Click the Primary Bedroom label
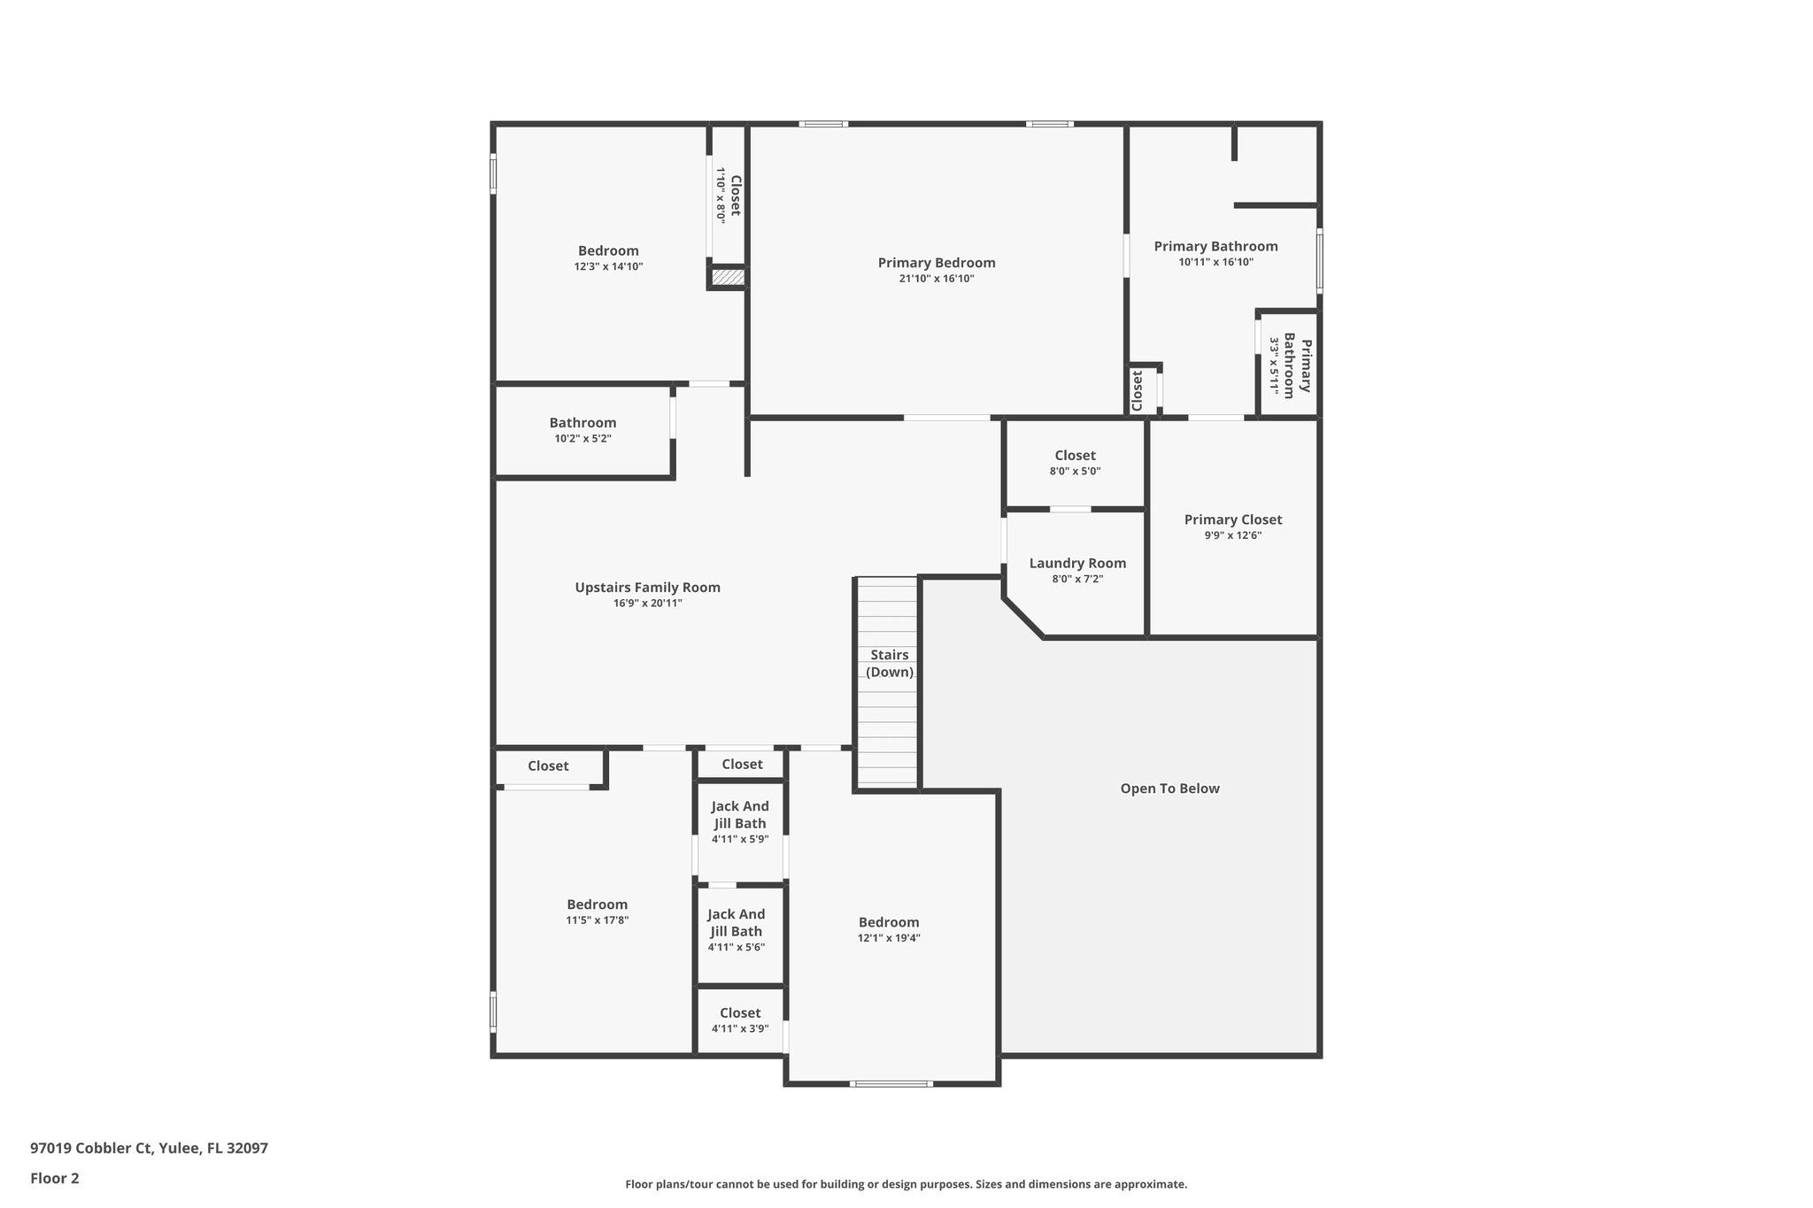(936, 263)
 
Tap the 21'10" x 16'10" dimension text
(936, 279)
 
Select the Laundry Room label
(1077, 564)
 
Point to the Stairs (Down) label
(889, 664)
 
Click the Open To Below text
(1169, 789)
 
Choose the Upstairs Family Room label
(647, 588)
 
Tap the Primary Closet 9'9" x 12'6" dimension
(1232, 535)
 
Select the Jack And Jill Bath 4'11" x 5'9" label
(740, 821)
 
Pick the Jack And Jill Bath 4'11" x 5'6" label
(736, 929)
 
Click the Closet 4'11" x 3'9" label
(740, 1019)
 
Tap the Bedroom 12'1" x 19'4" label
(889, 929)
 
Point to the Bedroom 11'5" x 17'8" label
(598, 912)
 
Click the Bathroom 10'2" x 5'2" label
(582, 430)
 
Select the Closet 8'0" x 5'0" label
(1075, 463)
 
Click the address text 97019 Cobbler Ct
(149, 1148)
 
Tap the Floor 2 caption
(55, 1178)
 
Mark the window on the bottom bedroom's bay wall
(891, 1083)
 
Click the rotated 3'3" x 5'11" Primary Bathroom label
(1289, 365)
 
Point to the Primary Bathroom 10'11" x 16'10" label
(1215, 253)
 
